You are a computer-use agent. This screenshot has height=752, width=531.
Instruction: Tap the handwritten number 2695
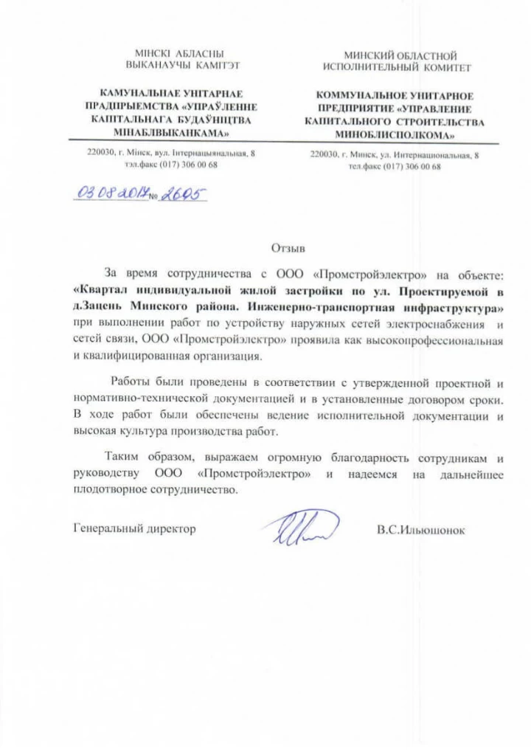182,193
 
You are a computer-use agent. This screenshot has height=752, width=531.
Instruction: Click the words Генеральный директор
136,529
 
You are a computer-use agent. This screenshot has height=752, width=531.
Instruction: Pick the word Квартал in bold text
103,290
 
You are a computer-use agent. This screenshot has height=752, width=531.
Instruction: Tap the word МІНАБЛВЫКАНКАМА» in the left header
169,133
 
